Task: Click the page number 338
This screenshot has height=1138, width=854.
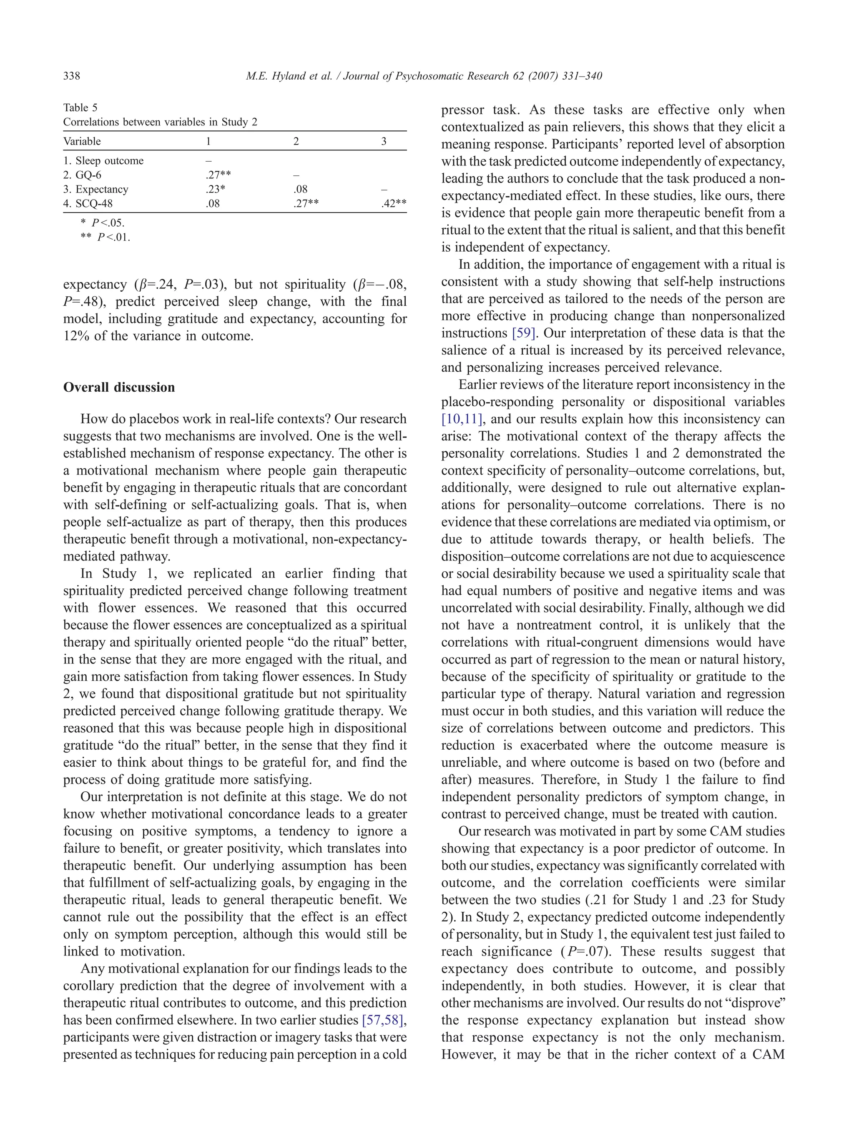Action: (x=72, y=76)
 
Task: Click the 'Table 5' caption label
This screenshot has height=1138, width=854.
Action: (x=80, y=108)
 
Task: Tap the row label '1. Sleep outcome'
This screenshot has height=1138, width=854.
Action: (x=103, y=161)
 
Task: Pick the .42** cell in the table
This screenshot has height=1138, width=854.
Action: (x=394, y=204)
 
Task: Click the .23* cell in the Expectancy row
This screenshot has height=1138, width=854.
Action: (x=215, y=189)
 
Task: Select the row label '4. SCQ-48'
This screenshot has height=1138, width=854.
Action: (x=88, y=204)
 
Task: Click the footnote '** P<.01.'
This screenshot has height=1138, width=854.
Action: (x=105, y=238)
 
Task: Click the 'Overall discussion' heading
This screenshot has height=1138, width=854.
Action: (x=119, y=388)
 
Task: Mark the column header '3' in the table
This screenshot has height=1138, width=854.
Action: (x=384, y=142)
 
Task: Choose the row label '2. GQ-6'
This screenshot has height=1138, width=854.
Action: (x=83, y=175)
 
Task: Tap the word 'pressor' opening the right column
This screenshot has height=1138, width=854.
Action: (x=462, y=110)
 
